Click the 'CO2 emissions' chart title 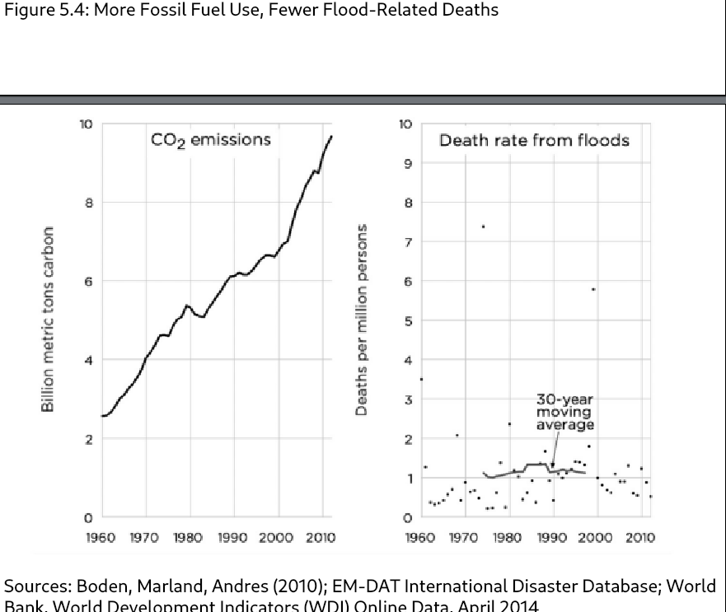[x=210, y=140]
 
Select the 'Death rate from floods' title [x=534, y=140]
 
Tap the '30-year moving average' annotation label [x=564, y=412]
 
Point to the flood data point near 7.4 [x=483, y=227]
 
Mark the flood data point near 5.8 [x=593, y=289]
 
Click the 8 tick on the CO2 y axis [x=86, y=203]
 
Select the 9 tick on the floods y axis [x=406, y=163]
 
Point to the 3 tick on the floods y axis [x=406, y=399]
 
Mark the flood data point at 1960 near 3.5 [x=421, y=379]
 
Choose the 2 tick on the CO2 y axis [x=86, y=439]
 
